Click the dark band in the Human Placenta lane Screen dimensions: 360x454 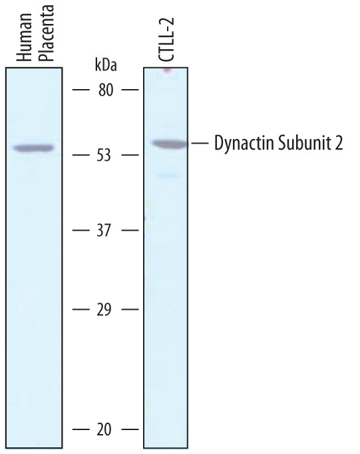coord(34,148)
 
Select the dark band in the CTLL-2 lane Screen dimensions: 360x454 coord(170,144)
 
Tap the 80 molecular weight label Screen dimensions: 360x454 coord(106,90)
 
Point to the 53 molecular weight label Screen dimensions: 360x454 coord(104,155)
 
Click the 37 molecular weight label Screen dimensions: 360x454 coord(104,231)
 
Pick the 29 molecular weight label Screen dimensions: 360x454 coord(104,310)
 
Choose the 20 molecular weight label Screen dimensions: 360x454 coord(104,429)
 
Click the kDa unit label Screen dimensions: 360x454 coord(106,65)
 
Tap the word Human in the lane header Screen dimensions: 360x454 coord(24,37)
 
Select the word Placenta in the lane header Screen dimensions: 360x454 coord(47,33)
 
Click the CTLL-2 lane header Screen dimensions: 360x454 coord(166,40)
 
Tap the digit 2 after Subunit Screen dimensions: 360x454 coord(339,144)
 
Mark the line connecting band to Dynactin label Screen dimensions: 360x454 coord(200,143)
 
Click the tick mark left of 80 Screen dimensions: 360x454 coord(81,90)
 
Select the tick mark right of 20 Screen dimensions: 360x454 coord(130,429)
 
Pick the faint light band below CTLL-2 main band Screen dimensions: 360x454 coord(167,175)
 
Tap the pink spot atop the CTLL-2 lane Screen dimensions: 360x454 coord(166,70)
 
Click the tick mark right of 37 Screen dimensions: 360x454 coord(130,231)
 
